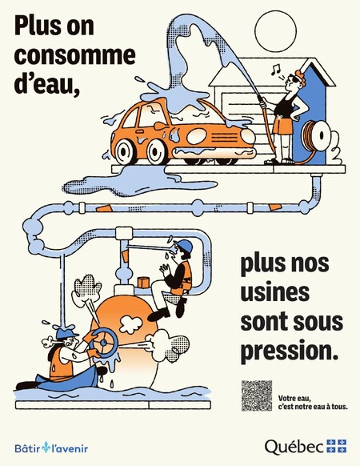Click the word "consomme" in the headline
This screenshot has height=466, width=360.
click(75, 55)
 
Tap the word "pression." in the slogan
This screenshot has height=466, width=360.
click(290, 352)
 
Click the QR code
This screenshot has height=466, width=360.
click(257, 396)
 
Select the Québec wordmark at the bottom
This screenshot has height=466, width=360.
click(294, 447)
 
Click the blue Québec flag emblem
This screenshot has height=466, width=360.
click(337, 446)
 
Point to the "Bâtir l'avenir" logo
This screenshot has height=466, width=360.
click(51, 448)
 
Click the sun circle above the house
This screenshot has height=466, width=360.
click(276, 31)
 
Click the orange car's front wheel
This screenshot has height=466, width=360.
click(156, 151)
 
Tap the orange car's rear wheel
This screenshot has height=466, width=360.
click(126, 151)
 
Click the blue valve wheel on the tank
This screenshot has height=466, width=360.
click(104, 343)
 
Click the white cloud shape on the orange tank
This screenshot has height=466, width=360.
click(130, 324)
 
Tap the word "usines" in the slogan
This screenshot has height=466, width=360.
click(275, 292)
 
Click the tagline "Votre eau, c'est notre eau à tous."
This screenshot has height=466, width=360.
click(313, 403)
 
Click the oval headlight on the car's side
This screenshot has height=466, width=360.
click(197, 136)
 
